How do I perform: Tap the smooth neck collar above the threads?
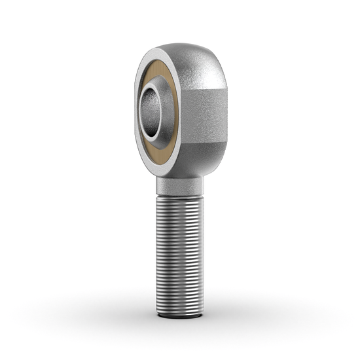tap(179, 186)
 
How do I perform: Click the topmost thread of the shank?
tap(179, 197)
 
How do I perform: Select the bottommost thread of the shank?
tap(179, 311)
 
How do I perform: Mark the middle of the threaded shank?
tap(179, 255)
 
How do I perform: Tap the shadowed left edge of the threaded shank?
tap(158, 255)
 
